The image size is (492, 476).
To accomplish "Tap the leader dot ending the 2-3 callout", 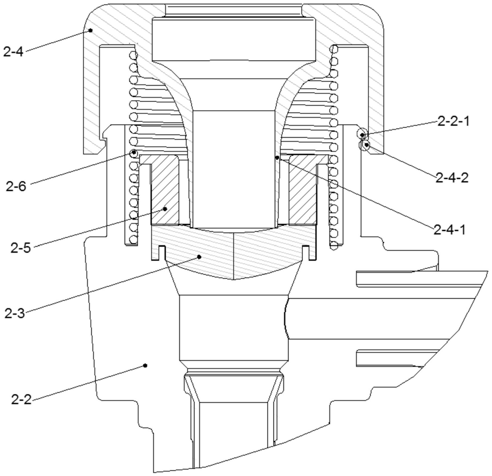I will click(x=199, y=257).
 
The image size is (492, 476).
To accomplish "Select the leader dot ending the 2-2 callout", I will click(x=145, y=365).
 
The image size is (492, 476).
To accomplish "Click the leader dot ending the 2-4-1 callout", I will click(x=277, y=158).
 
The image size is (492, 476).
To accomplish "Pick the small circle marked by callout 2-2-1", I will click(x=362, y=134).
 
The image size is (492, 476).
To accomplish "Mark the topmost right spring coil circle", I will click(x=334, y=50).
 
